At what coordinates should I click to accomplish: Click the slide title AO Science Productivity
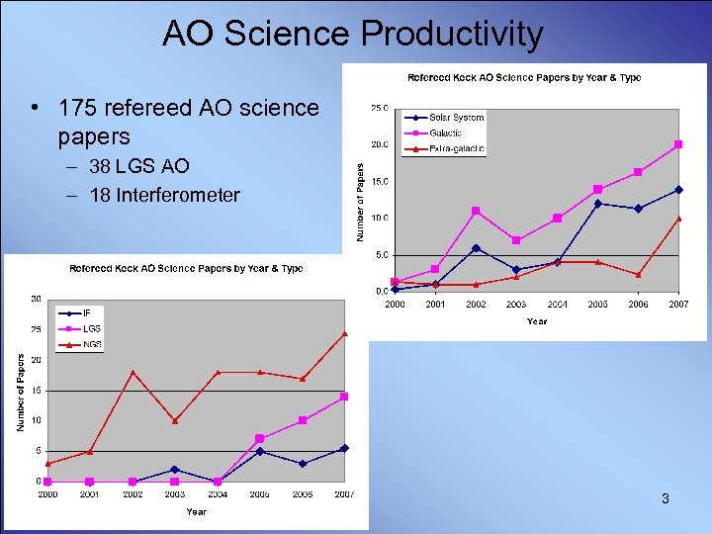coord(353,35)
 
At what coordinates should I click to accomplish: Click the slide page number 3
coord(666,499)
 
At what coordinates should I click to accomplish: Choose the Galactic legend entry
coord(444,133)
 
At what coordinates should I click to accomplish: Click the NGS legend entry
coord(93,344)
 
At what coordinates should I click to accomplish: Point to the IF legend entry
coord(87,313)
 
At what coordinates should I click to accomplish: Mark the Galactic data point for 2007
coord(678,144)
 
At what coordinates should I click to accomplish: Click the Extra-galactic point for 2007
coord(678,219)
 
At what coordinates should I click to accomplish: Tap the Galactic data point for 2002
coord(476,211)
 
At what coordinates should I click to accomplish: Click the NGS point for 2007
coord(344,333)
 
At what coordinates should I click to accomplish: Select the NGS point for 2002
coord(133,373)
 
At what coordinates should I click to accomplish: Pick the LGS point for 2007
coord(344,397)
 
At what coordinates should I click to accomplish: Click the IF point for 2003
coord(174,470)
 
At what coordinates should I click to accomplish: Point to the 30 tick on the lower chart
coord(36,300)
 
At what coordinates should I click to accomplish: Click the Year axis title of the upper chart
coord(536,321)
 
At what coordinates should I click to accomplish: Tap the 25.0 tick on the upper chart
coord(379,108)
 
